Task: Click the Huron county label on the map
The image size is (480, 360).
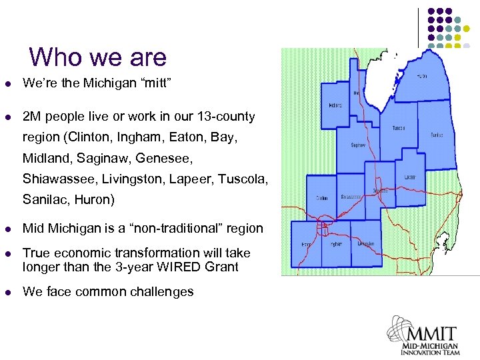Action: point(423,77)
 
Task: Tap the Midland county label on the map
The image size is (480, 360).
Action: point(335,105)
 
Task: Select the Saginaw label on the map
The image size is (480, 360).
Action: point(359,145)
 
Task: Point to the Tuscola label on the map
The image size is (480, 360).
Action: point(399,127)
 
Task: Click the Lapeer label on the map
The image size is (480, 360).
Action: point(410,177)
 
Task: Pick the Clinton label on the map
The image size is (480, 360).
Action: point(322,197)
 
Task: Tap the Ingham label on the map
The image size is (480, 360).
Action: point(336,244)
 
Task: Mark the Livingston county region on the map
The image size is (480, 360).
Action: point(366,244)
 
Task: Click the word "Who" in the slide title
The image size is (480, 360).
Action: point(54,57)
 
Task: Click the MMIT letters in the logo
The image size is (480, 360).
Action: point(429,333)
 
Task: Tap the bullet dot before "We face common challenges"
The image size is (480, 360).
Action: point(8,291)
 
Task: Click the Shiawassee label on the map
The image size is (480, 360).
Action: point(351,197)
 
